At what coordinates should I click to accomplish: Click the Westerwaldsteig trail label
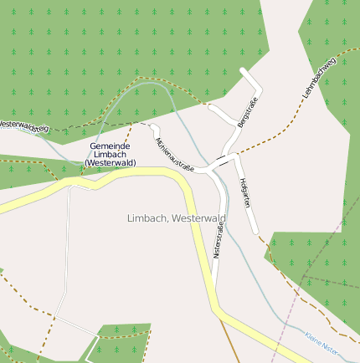(24, 125)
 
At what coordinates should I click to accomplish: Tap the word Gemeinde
(110, 146)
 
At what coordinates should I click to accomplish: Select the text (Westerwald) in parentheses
(110, 162)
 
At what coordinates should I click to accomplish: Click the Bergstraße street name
(247, 113)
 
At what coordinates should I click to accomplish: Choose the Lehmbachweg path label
(319, 80)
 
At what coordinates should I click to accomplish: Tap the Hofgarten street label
(245, 193)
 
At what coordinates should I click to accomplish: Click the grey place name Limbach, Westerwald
(176, 218)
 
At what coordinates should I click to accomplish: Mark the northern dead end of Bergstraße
(243, 70)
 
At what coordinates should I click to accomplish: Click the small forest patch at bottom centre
(121, 342)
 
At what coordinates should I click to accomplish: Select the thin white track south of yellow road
(64, 251)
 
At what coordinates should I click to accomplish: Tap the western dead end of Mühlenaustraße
(154, 127)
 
